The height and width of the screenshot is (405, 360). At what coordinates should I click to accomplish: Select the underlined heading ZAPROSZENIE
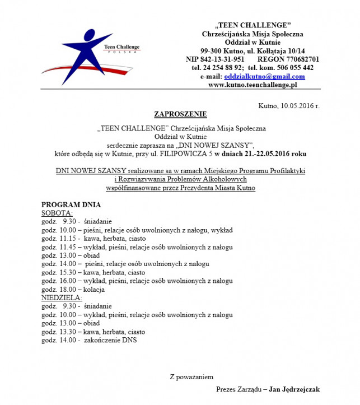(x=180, y=114)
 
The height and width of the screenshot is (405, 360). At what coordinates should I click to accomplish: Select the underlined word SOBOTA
(x=57, y=213)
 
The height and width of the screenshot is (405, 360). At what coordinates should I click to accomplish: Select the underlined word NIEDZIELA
(x=62, y=297)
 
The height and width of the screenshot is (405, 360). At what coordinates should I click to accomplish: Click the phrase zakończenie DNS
(x=111, y=339)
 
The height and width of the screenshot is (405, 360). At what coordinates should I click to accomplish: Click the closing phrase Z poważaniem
(x=191, y=376)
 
